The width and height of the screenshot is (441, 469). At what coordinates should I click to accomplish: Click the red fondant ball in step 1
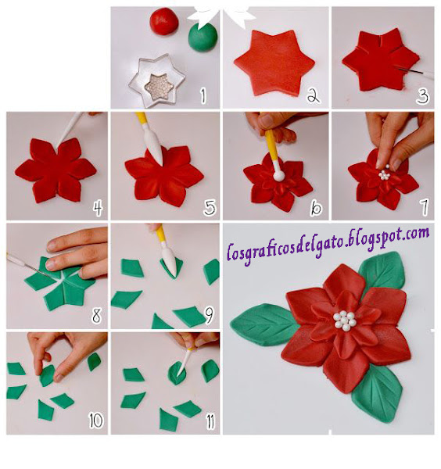[x=164, y=22]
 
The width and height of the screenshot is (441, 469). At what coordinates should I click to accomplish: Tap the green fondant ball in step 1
[x=203, y=37]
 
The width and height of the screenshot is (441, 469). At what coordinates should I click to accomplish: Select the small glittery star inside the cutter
[x=159, y=87]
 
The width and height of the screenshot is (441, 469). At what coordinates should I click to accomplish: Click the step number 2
[x=314, y=95]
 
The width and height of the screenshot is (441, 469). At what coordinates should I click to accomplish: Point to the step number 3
[x=423, y=96]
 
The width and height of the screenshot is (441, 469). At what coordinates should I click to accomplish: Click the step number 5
[x=210, y=207]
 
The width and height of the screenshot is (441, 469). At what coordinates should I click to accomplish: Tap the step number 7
[x=425, y=207]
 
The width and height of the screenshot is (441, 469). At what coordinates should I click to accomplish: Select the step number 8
[x=96, y=315]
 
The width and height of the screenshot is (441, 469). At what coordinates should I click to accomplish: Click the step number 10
[x=96, y=421]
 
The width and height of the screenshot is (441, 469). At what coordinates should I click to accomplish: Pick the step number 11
[x=210, y=422]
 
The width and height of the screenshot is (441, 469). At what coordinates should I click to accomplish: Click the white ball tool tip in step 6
[x=279, y=175]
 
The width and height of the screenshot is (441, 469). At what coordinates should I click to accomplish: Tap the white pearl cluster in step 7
[x=384, y=174]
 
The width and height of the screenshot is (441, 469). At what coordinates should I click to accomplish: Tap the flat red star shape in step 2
[x=274, y=63]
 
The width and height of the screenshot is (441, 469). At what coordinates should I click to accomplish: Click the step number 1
[x=203, y=95]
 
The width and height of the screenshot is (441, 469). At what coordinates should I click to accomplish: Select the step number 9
[x=209, y=316]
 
